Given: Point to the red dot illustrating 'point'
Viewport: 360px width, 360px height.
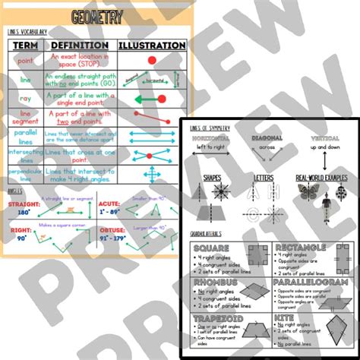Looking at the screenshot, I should click(151, 59).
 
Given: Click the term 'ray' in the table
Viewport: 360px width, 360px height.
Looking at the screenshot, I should click(25, 99).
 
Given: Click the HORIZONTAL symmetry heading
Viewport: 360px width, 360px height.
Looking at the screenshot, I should click(213, 138).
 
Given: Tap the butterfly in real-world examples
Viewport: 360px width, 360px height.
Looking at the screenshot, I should click(307, 192).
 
